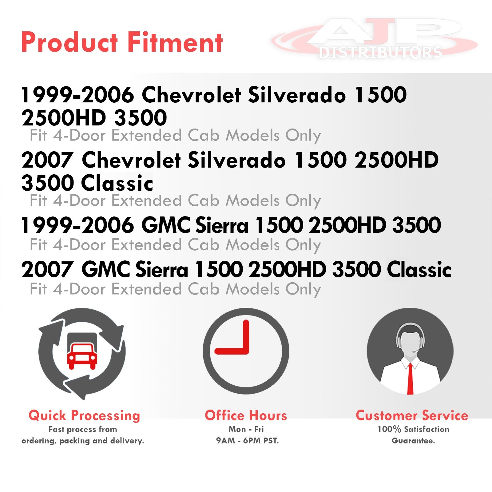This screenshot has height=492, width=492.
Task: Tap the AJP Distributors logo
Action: point(375,38)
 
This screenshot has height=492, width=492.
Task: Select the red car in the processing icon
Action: point(82,356)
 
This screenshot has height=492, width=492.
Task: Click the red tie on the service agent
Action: point(410,379)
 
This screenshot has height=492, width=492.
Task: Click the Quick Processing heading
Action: point(84,416)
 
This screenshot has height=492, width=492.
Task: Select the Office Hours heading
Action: point(246,415)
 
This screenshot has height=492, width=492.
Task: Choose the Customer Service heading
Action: point(412,415)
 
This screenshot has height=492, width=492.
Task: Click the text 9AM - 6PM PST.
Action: point(247,441)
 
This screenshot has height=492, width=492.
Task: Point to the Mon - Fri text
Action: point(246,429)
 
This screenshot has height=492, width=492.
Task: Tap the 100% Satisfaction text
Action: point(413,429)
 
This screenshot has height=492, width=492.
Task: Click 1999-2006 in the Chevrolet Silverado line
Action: point(77,95)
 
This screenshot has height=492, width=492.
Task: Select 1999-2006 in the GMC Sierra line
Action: point(77,225)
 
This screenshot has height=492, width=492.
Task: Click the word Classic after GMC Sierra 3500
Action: point(419,270)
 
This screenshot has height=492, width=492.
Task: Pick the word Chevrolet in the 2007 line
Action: point(131,160)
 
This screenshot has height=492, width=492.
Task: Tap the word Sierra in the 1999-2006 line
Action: point(222,225)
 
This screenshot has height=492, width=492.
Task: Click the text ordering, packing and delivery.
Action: point(83,441)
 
